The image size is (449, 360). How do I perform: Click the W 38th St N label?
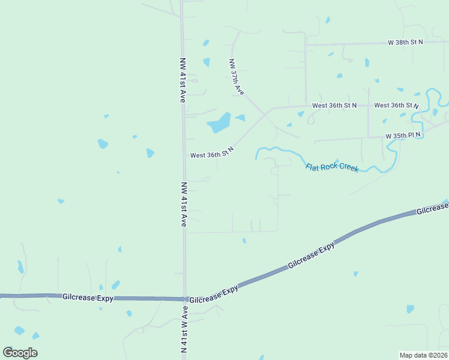405,42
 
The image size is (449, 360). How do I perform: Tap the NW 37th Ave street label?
237,77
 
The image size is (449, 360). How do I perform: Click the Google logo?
20,352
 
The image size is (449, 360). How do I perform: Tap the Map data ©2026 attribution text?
423,355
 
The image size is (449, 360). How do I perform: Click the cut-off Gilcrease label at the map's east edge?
432,208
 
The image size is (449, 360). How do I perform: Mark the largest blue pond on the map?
219,123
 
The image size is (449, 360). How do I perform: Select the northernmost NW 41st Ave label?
182,80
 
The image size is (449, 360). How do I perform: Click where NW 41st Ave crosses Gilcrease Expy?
184,299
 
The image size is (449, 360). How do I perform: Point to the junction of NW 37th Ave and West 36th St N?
265,112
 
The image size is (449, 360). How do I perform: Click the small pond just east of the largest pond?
240,118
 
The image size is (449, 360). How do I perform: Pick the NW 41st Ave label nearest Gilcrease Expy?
184,204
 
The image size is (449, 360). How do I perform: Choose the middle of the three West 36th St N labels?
334,105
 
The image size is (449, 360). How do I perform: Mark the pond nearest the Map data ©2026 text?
410,309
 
